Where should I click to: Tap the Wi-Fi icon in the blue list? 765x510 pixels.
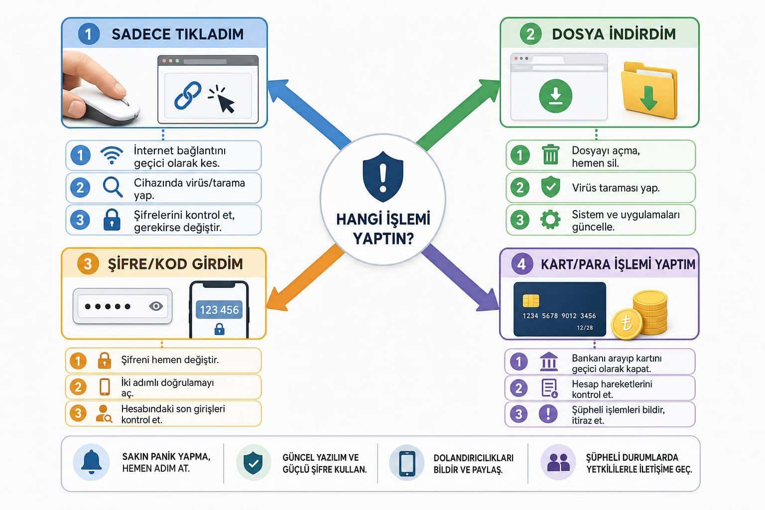click(112, 155)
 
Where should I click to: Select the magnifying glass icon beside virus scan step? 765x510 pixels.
click(113, 187)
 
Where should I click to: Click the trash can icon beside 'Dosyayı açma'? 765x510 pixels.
click(550, 154)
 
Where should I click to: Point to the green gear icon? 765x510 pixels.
click(550, 219)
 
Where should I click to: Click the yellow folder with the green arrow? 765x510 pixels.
click(648, 91)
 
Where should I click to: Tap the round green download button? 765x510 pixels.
click(556, 96)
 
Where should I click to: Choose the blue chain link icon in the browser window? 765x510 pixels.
click(187, 95)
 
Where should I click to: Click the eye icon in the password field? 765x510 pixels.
click(156, 306)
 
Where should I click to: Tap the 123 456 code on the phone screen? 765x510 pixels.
click(219, 310)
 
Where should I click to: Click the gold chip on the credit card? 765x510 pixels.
click(531, 301)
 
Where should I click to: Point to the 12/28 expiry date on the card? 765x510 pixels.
click(585, 328)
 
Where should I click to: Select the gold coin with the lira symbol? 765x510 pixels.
click(627, 323)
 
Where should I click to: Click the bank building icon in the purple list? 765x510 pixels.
click(549, 362)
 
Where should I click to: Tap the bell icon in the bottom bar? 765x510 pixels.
click(91, 462)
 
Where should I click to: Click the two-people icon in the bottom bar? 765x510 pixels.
click(558, 462)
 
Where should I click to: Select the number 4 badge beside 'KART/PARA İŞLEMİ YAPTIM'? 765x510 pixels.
click(521, 264)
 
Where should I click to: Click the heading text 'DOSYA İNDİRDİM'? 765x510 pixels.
click(614, 34)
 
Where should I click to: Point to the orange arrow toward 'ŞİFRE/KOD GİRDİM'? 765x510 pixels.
click(305, 277)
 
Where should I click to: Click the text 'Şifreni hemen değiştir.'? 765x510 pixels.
click(170, 360)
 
